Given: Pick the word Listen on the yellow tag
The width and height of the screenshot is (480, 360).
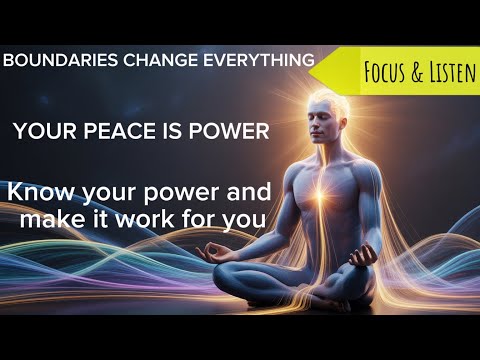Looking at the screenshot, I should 441,74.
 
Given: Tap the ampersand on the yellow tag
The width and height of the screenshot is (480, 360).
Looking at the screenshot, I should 406,74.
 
